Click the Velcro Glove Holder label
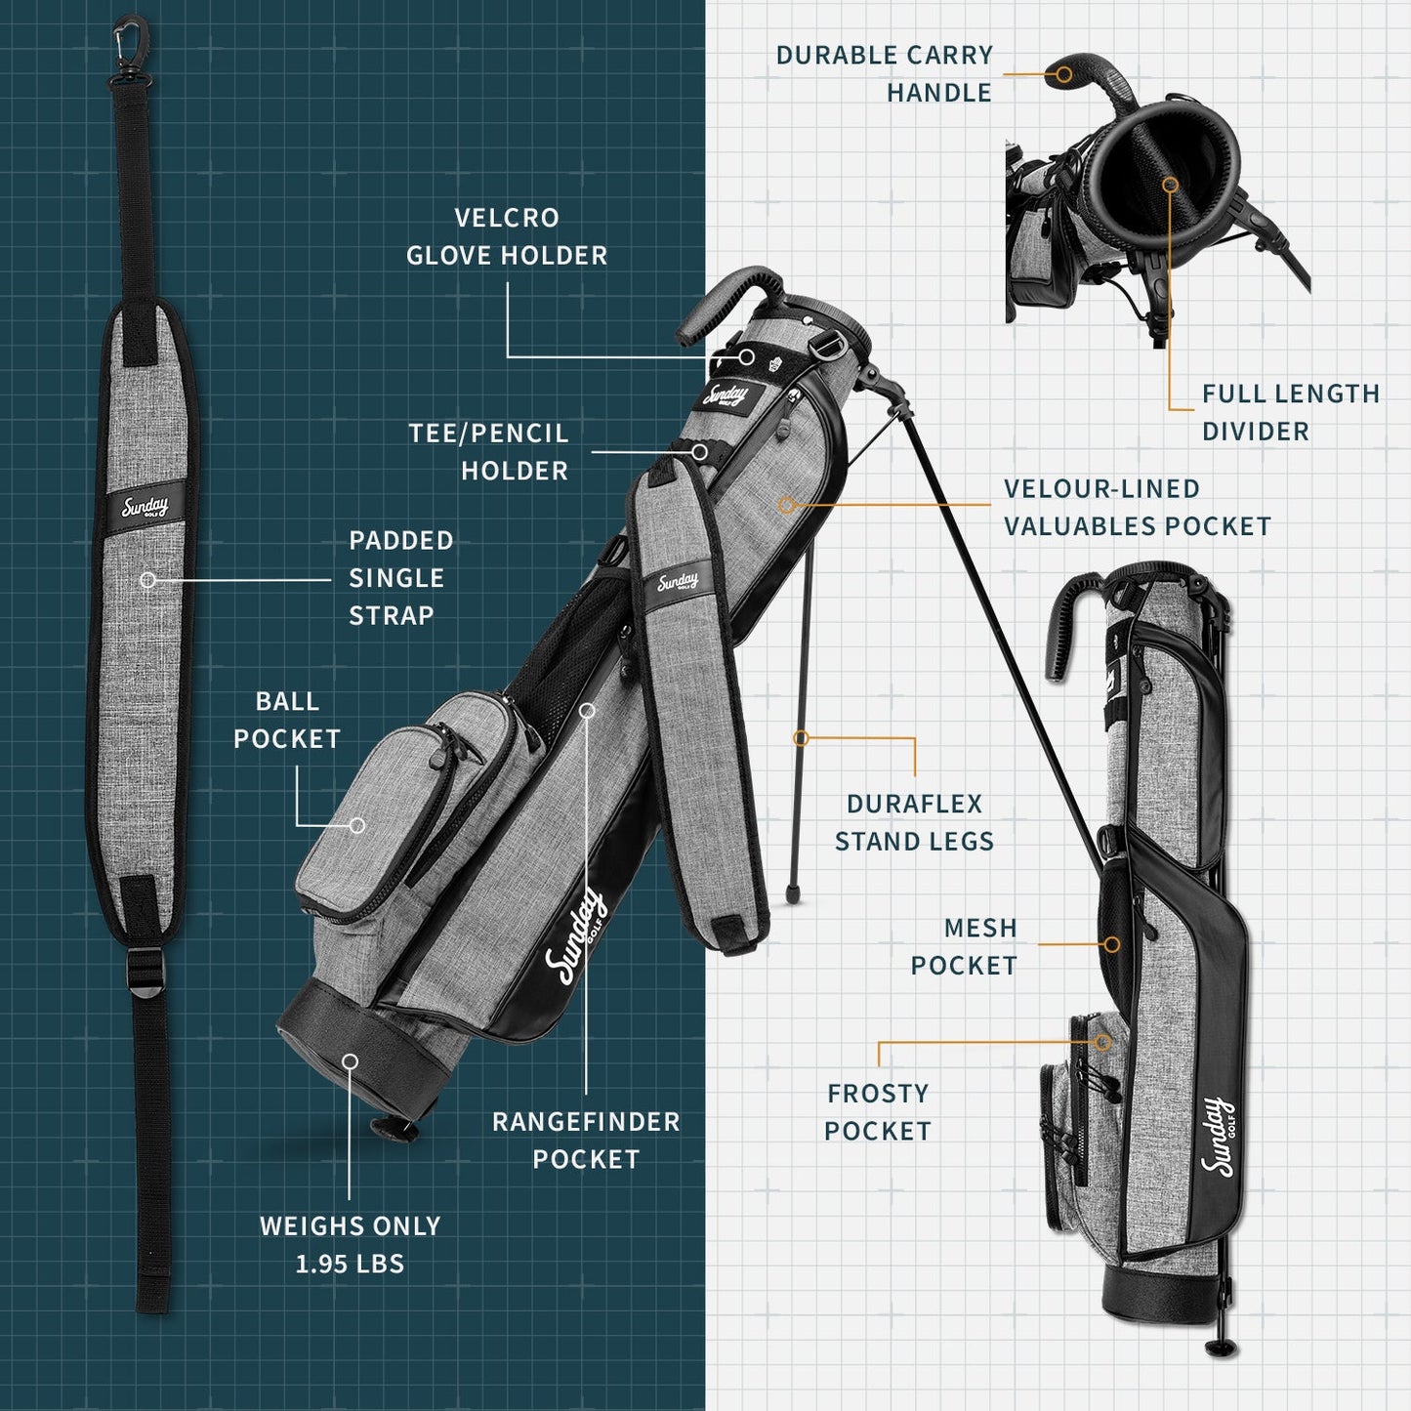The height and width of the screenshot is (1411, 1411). (x=507, y=236)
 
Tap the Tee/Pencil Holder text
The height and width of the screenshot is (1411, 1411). (x=488, y=452)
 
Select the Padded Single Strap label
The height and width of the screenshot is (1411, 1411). (x=400, y=577)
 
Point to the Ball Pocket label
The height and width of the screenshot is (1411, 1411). (x=286, y=720)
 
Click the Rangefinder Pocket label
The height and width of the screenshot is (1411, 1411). (x=586, y=1140)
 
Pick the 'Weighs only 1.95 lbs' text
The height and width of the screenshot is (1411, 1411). (x=350, y=1244)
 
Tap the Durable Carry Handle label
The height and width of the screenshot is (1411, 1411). (x=884, y=73)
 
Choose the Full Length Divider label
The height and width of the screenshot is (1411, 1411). (x=1290, y=412)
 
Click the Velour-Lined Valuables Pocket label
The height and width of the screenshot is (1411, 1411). (x=1137, y=507)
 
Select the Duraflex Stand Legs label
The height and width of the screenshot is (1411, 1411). (x=914, y=822)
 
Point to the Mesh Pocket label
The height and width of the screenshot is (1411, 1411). (x=964, y=946)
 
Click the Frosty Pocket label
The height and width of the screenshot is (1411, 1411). (x=877, y=1111)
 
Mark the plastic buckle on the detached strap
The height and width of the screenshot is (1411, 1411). (x=146, y=975)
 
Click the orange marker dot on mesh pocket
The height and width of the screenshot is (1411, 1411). (x=1111, y=944)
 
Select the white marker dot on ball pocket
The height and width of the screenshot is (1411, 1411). (x=357, y=825)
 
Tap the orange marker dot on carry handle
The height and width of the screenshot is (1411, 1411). (x=1064, y=73)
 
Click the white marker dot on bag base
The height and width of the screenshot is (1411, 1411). (x=350, y=1061)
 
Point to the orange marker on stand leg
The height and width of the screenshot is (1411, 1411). (x=801, y=738)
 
